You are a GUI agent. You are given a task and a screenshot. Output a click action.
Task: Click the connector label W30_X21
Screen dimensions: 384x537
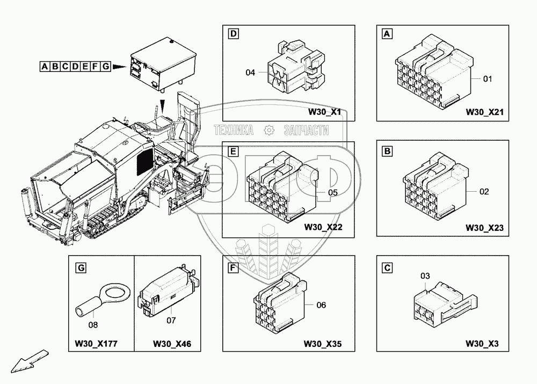[484, 113]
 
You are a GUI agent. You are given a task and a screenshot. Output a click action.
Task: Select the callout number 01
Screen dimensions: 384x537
[488, 79]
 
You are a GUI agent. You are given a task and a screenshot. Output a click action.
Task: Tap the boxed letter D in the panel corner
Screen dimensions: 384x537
[233, 34]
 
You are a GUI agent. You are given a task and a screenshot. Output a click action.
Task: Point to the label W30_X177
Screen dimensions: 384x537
[100, 344]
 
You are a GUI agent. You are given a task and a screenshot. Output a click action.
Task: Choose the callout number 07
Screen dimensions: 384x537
[171, 321]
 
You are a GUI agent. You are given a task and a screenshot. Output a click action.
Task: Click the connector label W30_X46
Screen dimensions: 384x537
[169, 344]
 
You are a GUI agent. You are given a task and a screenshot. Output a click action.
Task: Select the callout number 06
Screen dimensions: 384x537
[321, 305]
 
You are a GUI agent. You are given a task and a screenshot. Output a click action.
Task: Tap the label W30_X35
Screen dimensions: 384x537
[323, 344]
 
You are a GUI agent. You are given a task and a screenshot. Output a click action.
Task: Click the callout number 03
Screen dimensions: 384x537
[425, 276]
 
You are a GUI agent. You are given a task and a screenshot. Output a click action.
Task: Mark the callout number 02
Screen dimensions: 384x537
[484, 191]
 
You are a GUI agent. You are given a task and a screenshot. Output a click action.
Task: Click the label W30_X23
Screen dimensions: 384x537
[484, 228]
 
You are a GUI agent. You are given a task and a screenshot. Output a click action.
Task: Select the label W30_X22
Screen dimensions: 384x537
[323, 227]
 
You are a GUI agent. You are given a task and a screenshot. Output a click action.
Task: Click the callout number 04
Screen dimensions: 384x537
[250, 72]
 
